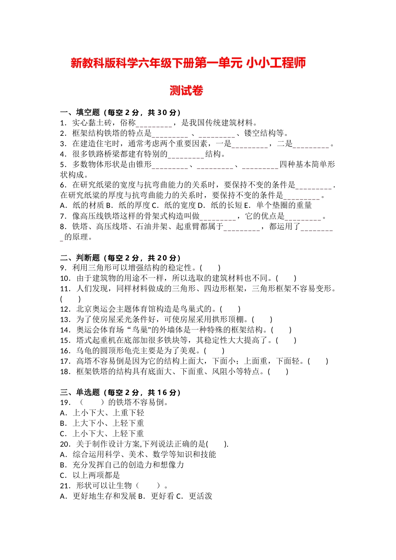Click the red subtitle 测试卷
pyautogui.click(x=186, y=91)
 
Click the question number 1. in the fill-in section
pyautogui.click(x=64, y=123)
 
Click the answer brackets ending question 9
pyautogui.click(x=210, y=268)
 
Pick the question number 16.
pyautogui.click(x=65, y=351)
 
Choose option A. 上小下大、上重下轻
pyautogui.click(x=102, y=413)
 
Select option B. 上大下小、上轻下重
pyautogui.click(x=102, y=423)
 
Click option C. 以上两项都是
pyautogui.click(x=90, y=475)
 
